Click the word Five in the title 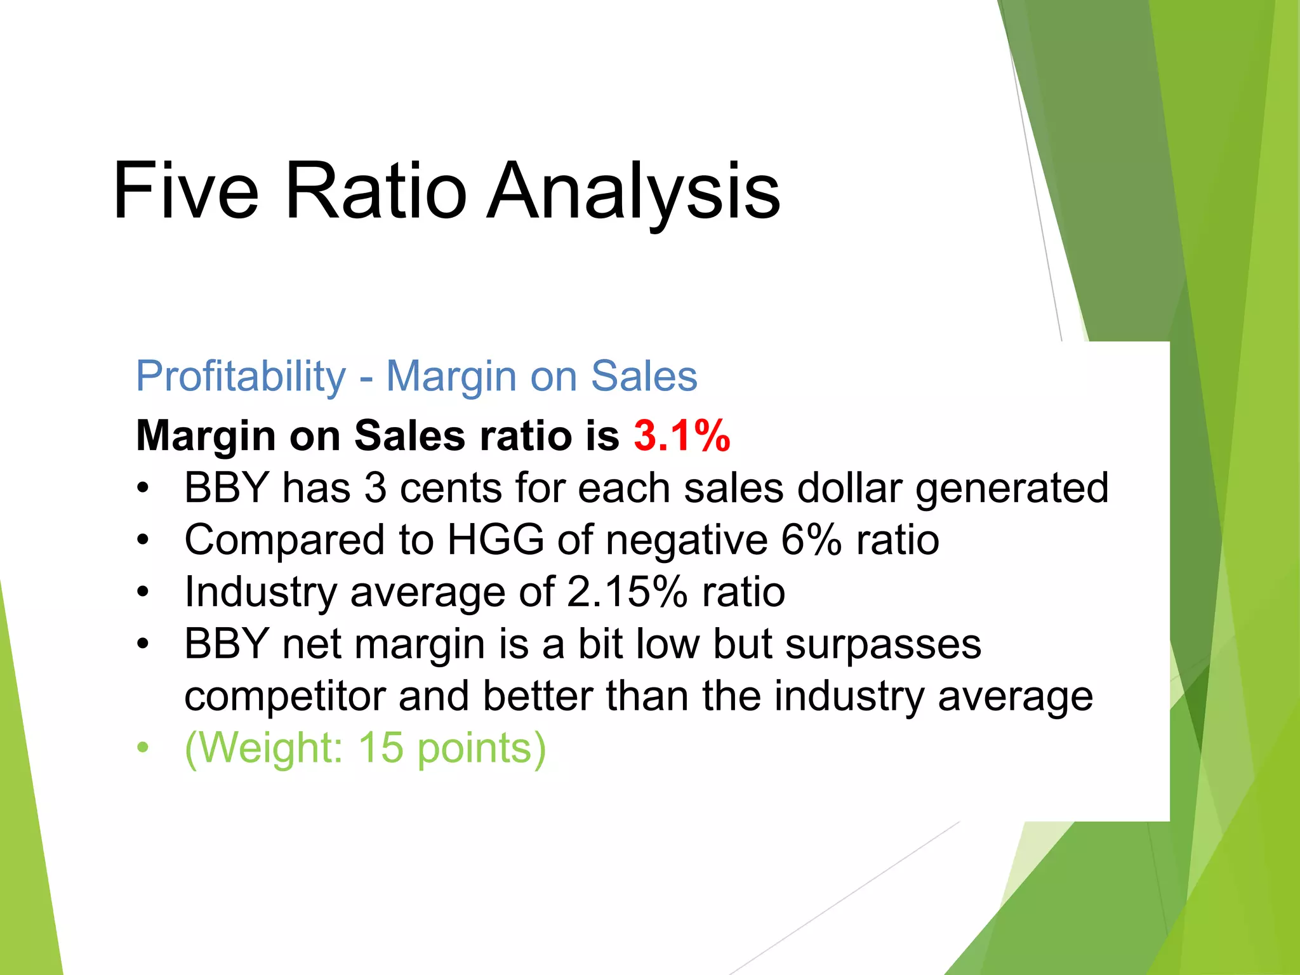[x=185, y=190]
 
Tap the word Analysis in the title [x=633, y=190]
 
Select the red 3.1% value [x=682, y=436]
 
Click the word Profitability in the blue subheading [x=241, y=376]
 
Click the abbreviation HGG [x=495, y=540]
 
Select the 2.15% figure [x=627, y=592]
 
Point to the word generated [x=1012, y=488]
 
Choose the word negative [x=687, y=540]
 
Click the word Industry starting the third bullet [x=260, y=592]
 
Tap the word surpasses [x=883, y=644]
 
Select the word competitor [x=284, y=696]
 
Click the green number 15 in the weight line [x=381, y=748]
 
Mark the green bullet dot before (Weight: [x=143, y=748]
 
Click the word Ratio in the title [x=376, y=190]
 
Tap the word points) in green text [x=481, y=748]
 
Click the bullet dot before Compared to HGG [x=143, y=540]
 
